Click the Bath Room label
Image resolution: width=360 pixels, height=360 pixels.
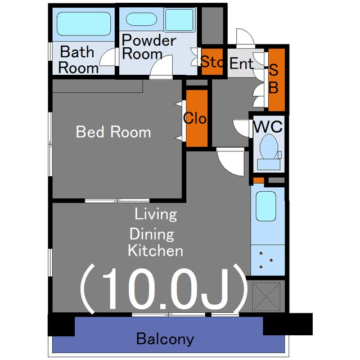[x=78, y=60]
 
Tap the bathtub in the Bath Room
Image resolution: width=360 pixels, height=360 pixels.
[x=84, y=24]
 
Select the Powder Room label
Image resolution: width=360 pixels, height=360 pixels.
[x=148, y=47]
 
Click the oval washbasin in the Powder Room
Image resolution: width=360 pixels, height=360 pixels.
[x=141, y=19]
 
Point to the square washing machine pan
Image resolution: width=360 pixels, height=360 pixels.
[x=179, y=20]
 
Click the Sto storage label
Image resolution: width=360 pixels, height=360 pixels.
[x=211, y=61]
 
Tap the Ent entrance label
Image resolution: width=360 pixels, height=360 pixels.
[x=241, y=63]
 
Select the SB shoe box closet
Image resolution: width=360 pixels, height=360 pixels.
[x=276, y=80]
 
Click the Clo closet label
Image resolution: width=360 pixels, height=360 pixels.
[x=195, y=118]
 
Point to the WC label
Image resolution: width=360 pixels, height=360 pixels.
[x=268, y=126]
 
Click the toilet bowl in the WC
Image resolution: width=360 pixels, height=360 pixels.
[x=269, y=147]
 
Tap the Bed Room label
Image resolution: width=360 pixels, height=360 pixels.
[x=114, y=132]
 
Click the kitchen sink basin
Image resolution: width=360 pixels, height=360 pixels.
[x=266, y=206]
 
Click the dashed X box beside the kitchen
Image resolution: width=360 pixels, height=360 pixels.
[x=266, y=296]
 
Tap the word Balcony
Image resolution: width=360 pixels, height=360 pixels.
[x=165, y=339]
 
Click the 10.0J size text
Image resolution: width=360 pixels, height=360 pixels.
[x=164, y=289]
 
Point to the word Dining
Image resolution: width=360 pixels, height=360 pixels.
[x=152, y=234]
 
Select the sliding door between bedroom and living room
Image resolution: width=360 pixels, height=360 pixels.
[x=117, y=200]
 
